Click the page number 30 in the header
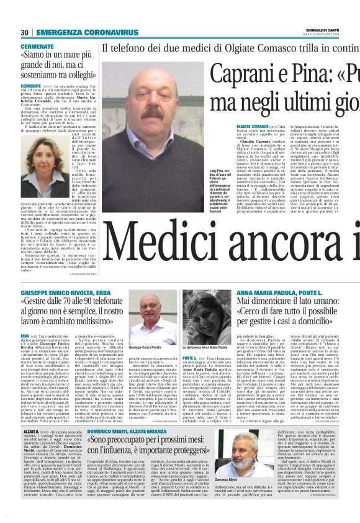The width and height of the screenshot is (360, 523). pyautogui.click(x=25, y=32)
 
